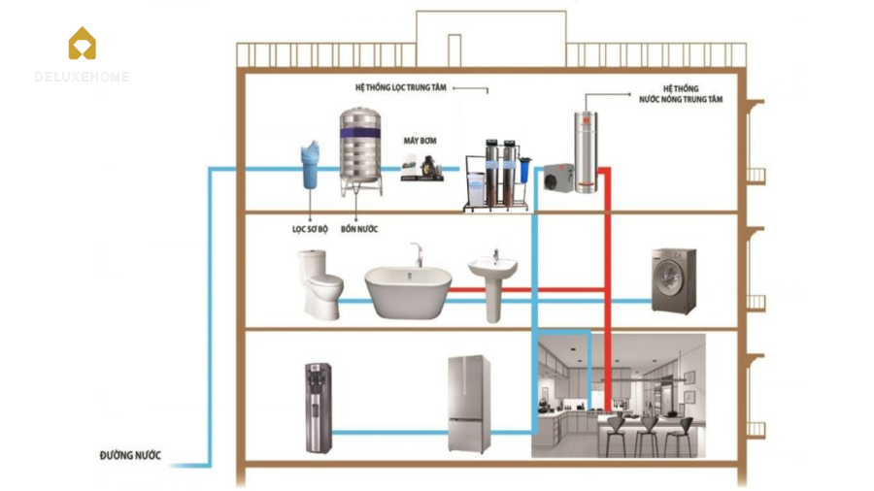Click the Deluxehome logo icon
tap(82, 44)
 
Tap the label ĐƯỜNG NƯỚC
tap(130, 455)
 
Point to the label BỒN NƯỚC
tap(359, 229)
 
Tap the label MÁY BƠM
tap(420, 142)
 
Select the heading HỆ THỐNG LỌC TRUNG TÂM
tap(400, 87)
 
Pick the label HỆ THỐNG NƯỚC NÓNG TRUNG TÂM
tap(681, 93)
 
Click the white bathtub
tap(408, 290)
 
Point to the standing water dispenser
tap(318, 408)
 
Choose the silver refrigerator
tap(468, 404)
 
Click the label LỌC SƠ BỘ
tap(310, 229)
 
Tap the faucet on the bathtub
tap(417, 254)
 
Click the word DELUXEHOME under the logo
tap(82, 77)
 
